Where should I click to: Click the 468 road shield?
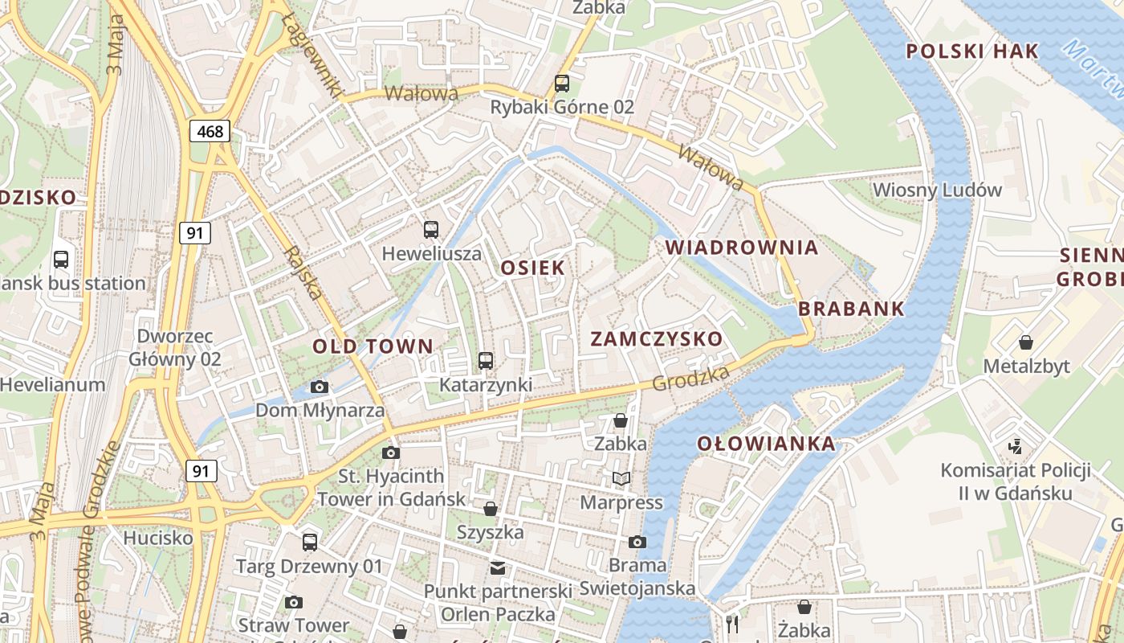pos(210,131)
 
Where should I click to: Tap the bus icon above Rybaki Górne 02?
pos(562,83)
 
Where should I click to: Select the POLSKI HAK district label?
pos(972,51)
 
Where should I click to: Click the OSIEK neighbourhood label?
pos(532,268)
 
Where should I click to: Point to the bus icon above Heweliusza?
pos(431,230)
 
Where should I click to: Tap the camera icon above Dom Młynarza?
pos(320,387)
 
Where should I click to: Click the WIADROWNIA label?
pos(742,248)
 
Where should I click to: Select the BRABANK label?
pos(851,309)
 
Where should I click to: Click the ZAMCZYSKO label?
pos(657,339)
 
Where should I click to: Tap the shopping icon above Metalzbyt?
pos(1026,343)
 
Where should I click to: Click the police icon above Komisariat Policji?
pos(1016,445)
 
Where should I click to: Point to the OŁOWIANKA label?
pos(766,444)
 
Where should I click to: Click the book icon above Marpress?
pos(621,479)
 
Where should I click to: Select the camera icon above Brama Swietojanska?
pos(637,542)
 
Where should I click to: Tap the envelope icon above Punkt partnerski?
pos(498,568)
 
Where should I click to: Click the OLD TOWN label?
pos(373,347)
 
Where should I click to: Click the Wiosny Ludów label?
pos(937,190)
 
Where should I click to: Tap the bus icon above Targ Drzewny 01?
pos(310,543)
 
